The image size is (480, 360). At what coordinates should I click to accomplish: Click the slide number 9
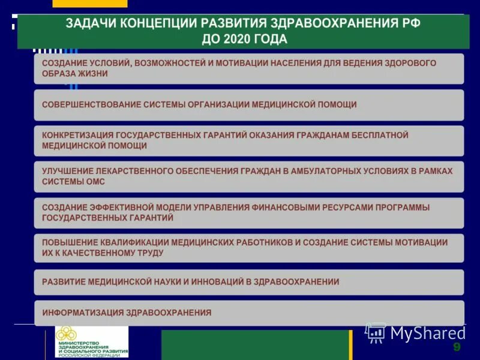coord(457,348)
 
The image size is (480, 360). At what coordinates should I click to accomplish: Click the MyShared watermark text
coord(428,333)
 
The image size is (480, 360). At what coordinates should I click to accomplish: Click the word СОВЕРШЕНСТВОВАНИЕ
coord(91,104)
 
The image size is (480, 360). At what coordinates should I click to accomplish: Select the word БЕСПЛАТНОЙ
coord(377,136)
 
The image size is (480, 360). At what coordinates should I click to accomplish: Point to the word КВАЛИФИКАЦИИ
coord(131,242)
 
